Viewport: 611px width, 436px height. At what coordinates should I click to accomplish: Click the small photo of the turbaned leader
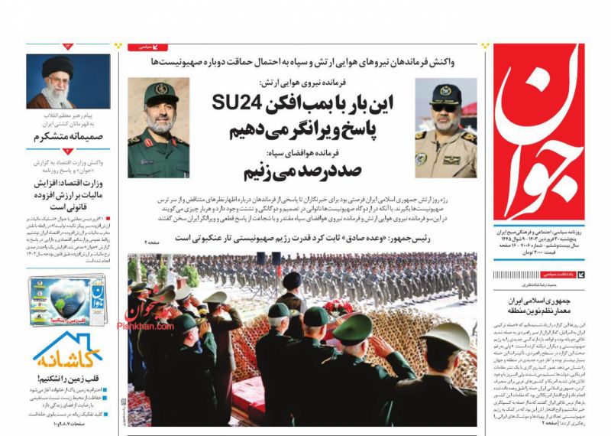(x=57, y=81)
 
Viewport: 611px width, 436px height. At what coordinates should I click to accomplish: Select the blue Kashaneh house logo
(x=68, y=354)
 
